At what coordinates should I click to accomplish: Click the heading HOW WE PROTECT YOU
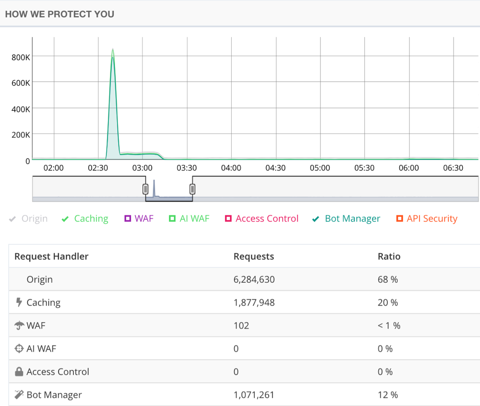coord(60,14)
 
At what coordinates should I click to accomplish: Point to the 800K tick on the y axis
coord(21,57)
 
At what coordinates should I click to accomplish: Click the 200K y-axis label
coord(21,135)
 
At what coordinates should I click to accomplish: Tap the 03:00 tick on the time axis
coord(142,168)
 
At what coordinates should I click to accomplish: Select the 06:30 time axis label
coord(453,168)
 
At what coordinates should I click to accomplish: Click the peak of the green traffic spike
coord(113,50)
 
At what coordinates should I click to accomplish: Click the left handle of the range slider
coord(145,189)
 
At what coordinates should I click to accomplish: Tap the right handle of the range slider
coord(192,189)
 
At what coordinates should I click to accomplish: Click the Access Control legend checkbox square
coord(228,219)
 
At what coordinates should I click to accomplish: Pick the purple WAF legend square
coord(128,219)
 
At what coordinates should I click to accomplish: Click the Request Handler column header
coord(51,256)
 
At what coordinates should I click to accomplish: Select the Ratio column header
coord(389,256)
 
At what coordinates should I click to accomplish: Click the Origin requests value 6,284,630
coord(254,279)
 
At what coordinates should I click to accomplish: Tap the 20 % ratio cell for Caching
coord(387,303)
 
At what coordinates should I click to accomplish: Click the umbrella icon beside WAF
coord(19,326)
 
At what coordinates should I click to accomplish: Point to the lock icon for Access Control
coord(19,372)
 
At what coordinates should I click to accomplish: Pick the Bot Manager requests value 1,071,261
coord(254,395)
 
